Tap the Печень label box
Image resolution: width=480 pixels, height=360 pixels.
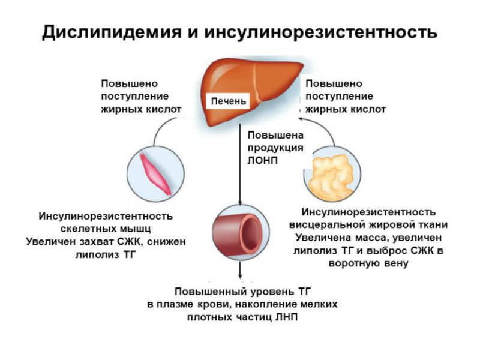tap(227, 101)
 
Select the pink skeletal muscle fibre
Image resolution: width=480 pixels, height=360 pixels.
tap(155, 173)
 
